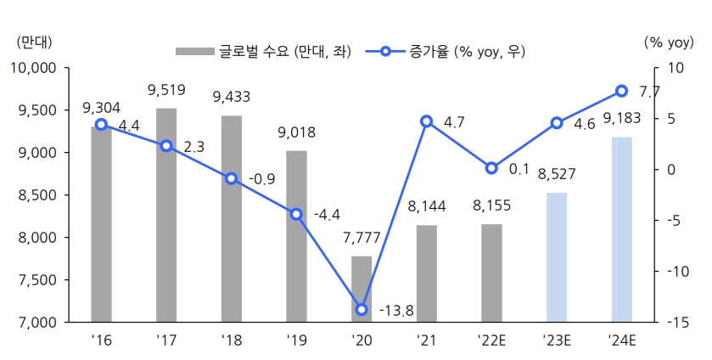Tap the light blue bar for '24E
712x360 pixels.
[x=622, y=229]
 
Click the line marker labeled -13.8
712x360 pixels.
[x=362, y=310]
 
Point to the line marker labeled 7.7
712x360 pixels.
[x=622, y=91]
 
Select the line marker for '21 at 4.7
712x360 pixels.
[x=427, y=121]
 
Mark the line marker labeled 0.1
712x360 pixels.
[x=491, y=168]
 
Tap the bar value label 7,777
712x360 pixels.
[x=362, y=239]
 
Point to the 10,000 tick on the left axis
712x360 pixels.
[x=31, y=68]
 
